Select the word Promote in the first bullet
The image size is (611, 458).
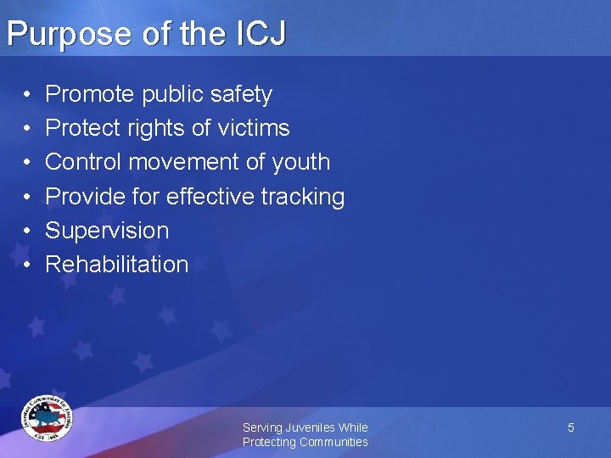click(x=91, y=94)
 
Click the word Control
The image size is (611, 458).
click(x=87, y=162)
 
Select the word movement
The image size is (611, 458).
click(x=200, y=162)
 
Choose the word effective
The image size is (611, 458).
click(x=210, y=196)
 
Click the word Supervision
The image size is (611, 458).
click(x=107, y=231)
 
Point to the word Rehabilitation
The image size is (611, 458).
click(x=116, y=264)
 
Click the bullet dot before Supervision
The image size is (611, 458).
click(x=27, y=231)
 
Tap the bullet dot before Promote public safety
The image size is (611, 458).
click(x=27, y=94)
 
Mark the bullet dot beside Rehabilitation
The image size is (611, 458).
click(x=27, y=265)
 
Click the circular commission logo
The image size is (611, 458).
click(x=48, y=418)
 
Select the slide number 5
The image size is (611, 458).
click(x=571, y=427)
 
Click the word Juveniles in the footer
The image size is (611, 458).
click(x=311, y=427)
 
